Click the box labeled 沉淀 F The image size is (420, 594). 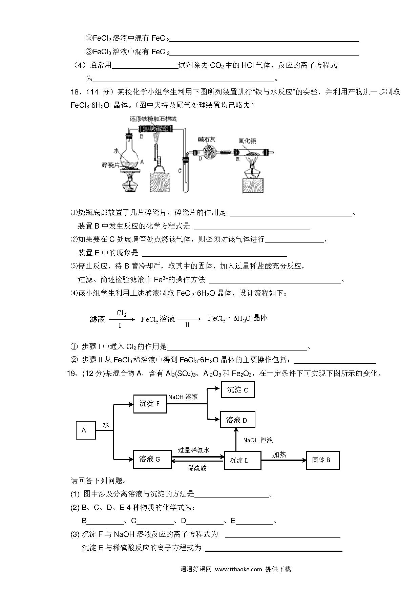(150, 404)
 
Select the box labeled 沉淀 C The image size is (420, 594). (238, 389)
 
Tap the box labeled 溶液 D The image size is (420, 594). (237, 420)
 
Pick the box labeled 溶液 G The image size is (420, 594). (152, 460)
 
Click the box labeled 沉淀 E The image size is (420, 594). (243, 460)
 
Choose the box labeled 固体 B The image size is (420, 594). (323, 460)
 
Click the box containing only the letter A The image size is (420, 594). (86, 430)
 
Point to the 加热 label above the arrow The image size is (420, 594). (279, 454)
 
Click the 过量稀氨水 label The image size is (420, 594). (194, 450)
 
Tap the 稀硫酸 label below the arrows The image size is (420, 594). (197, 468)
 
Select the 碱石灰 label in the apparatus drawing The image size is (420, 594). (207, 139)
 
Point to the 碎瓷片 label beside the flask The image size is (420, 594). (111, 165)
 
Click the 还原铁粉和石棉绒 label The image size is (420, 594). (153, 119)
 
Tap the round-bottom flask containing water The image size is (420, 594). (129, 154)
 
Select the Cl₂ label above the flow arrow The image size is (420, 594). (121, 313)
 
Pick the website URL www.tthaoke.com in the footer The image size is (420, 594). (239, 569)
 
